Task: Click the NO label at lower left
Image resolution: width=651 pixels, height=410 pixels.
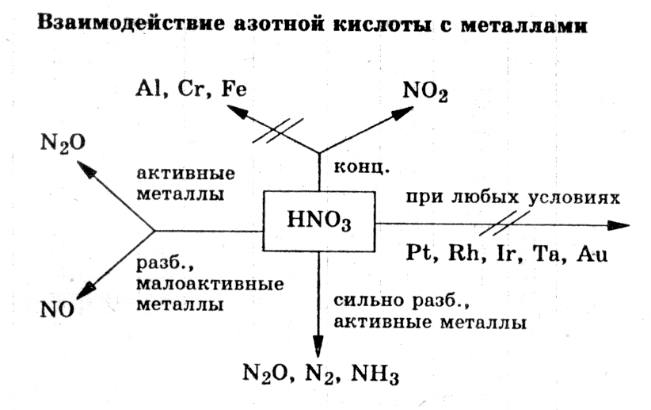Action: (x=56, y=308)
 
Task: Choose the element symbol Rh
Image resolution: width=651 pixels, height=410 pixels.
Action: (x=461, y=255)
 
